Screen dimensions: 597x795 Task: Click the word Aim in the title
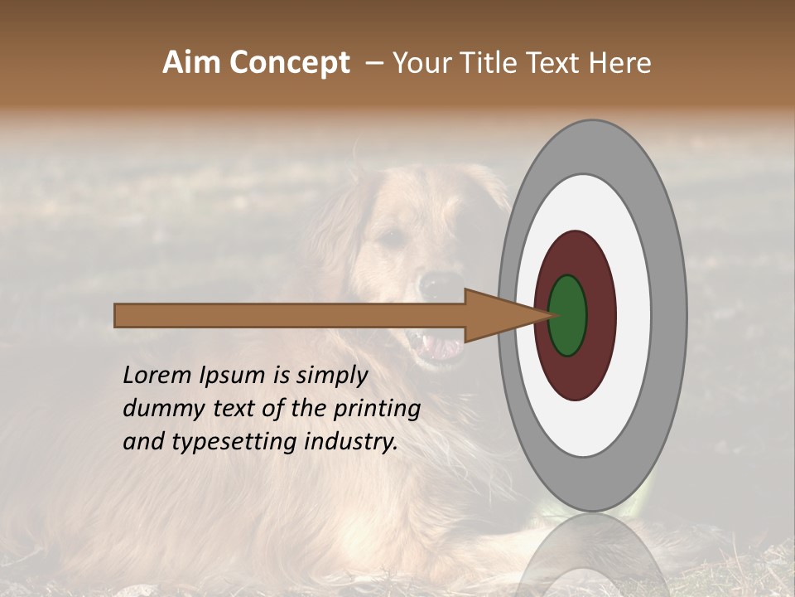192,62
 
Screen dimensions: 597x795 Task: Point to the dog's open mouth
437,344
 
